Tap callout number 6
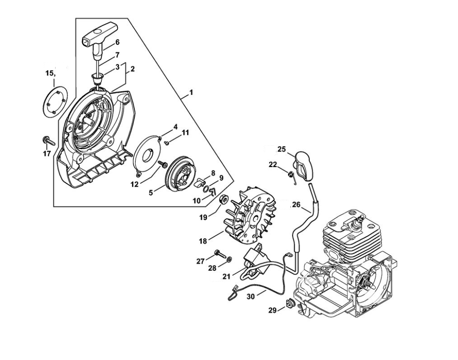click(118, 42)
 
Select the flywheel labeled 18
click(250, 215)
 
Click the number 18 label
click(203, 241)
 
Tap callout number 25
click(282, 149)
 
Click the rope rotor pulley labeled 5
click(177, 174)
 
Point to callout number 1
click(191, 93)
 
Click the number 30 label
click(251, 296)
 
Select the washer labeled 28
click(229, 259)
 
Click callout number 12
click(135, 185)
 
